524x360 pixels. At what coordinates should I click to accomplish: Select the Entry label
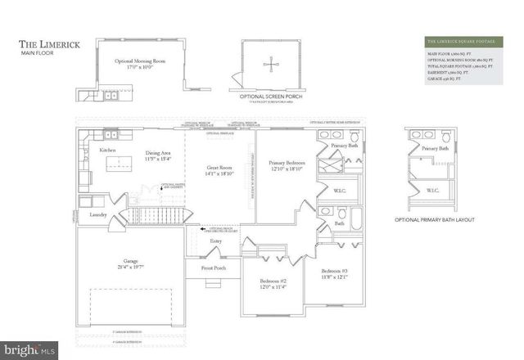point(216,241)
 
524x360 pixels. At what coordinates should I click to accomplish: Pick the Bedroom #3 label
point(335,273)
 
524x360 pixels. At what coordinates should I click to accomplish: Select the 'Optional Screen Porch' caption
point(269,96)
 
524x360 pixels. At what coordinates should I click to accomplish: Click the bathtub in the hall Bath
point(359,219)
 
